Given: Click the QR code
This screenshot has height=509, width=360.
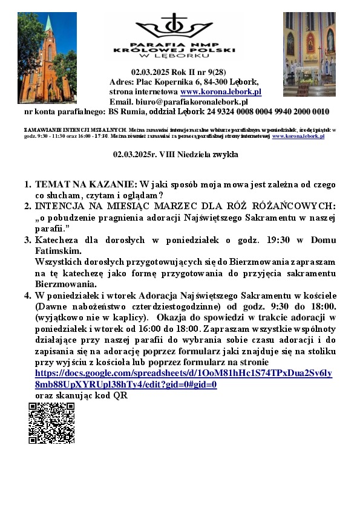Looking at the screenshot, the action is [x=51, y=423].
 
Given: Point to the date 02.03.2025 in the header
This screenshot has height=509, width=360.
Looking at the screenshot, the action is [x=147, y=72].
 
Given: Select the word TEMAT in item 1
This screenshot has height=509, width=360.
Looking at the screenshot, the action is [x=50, y=183].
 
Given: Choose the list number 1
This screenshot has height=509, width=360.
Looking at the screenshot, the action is [x=27, y=183].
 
